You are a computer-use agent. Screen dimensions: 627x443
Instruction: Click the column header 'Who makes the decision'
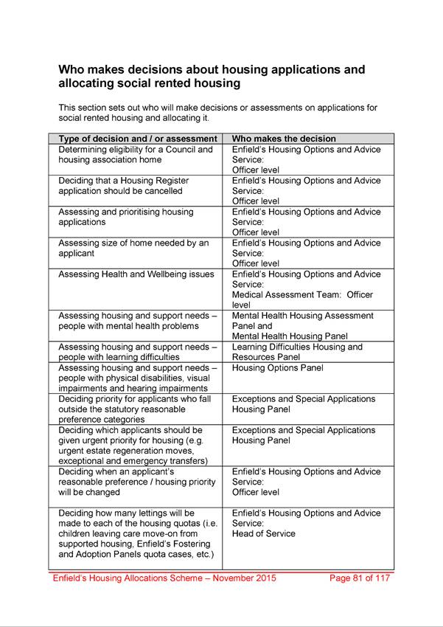(284, 139)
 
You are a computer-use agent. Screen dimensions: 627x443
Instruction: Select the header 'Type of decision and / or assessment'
(138, 139)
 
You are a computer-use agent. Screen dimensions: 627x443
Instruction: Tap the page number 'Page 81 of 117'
(360, 578)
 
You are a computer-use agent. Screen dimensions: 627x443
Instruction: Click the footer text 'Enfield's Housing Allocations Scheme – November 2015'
(164, 578)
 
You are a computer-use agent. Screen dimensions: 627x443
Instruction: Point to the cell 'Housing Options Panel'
(277, 368)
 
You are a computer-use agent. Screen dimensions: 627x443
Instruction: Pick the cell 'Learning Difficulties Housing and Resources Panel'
(297, 352)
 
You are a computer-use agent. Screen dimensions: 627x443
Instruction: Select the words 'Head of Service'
(263, 534)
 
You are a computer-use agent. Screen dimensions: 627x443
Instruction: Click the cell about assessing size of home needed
(133, 248)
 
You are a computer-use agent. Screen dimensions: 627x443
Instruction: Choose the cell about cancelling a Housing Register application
(123, 186)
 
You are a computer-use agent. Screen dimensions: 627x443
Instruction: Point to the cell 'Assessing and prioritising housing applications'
(125, 217)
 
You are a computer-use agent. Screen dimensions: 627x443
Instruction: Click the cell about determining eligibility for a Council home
(136, 155)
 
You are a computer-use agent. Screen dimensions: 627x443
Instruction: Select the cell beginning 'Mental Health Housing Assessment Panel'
(302, 326)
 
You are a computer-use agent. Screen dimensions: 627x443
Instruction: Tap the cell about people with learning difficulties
(138, 352)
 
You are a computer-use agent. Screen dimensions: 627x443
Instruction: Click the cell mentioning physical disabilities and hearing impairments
(138, 378)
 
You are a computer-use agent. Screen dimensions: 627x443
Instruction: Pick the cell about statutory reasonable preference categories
(132, 409)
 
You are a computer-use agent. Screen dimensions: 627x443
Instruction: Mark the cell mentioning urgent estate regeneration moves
(133, 446)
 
